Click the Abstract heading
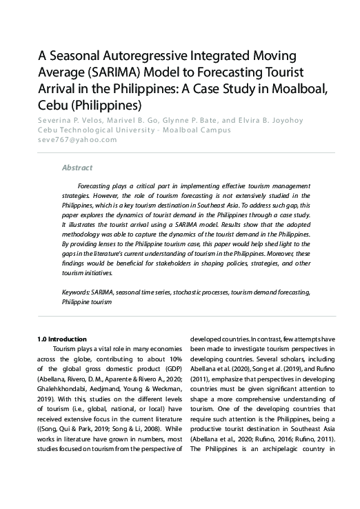[77, 168]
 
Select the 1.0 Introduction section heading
[62, 339]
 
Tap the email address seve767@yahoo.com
[77, 139]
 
